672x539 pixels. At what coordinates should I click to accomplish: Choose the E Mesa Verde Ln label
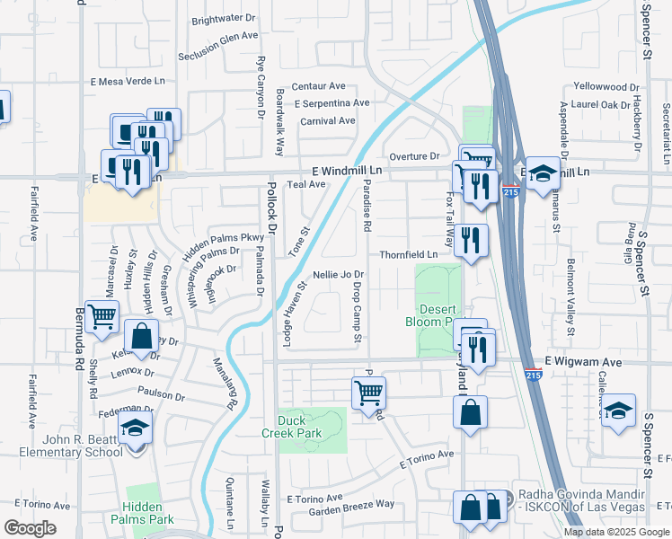pyautogui.click(x=128, y=80)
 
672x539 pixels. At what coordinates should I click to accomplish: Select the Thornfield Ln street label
pyautogui.click(x=408, y=255)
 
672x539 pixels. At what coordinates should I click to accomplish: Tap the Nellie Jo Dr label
pyautogui.click(x=338, y=274)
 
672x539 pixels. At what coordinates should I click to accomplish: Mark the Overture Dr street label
pyautogui.click(x=414, y=156)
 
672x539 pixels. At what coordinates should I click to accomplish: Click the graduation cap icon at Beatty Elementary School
pyautogui.click(x=136, y=429)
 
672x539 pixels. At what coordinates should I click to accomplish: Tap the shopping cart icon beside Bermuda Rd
pyautogui.click(x=102, y=314)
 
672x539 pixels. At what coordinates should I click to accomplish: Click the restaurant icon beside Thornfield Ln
pyautogui.click(x=470, y=239)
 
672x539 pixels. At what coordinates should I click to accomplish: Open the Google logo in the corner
pyautogui.click(x=31, y=528)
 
